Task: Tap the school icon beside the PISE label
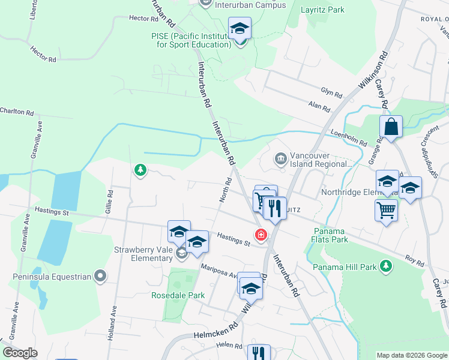[240, 29]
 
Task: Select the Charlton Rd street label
[17, 112]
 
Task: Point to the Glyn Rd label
[331, 93]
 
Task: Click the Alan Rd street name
[319, 108]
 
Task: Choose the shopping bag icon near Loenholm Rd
[391, 127]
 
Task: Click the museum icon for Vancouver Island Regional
[280, 159]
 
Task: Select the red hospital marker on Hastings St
[261, 235]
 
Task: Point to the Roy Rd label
[414, 262]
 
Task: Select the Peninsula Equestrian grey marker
[100, 277]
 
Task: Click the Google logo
[20, 353]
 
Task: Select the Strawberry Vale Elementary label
[143, 254]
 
